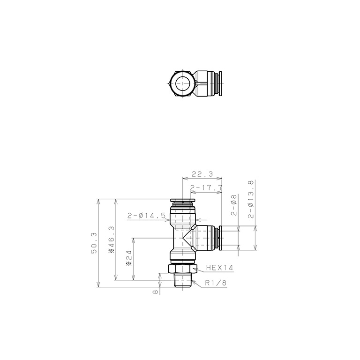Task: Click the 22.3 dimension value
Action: click(x=202, y=174)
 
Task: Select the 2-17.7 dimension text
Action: click(x=206, y=187)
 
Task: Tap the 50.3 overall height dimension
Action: click(x=94, y=243)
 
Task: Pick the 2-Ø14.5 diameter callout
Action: click(x=146, y=216)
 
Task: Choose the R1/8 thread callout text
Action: click(x=216, y=283)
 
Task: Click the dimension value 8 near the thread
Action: click(x=155, y=292)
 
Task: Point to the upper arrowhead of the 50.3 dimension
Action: click(x=98, y=200)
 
